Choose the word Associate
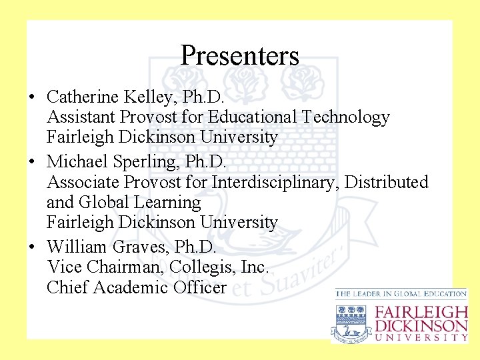(x=81, y=181)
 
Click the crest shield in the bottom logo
(x=351, y=321)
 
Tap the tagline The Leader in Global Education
(x=401, y=293)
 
